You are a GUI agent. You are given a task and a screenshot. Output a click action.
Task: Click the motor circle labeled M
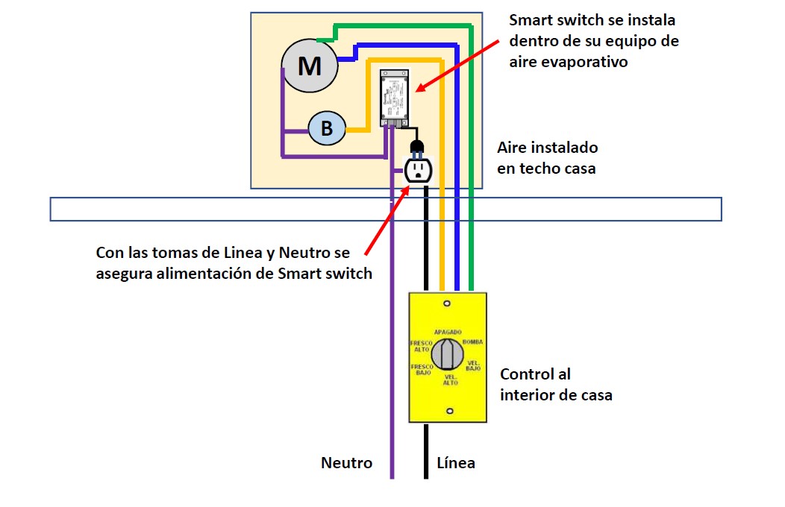[x=309, y=66]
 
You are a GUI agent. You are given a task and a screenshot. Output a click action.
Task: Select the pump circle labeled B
[x=327, y=129]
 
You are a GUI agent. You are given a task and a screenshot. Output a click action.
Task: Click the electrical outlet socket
[x=418, y=170]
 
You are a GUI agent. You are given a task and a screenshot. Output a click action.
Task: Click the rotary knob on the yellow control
[x=448, y=353]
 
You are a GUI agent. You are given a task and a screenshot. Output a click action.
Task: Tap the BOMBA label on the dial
[x=473, y=341]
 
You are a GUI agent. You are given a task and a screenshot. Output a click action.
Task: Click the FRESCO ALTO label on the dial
[x=422, y=347]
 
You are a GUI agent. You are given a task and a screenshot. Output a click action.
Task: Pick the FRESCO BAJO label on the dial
[x=422, y=370]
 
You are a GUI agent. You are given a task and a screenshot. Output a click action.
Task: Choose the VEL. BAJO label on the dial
[x=473, y=365]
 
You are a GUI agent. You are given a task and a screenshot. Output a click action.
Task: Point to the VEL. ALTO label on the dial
[x=450, y=380]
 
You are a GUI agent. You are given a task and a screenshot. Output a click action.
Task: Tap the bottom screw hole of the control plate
[x=448, y=411]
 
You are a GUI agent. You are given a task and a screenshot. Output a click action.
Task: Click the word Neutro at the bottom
[x=346, y=463]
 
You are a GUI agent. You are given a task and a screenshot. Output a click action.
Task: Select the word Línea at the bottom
[x=455, y=463]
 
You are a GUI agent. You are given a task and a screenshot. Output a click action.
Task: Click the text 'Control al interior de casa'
[x=555, y=385]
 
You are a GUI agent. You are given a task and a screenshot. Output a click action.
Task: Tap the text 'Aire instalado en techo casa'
[x=547, y=158]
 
